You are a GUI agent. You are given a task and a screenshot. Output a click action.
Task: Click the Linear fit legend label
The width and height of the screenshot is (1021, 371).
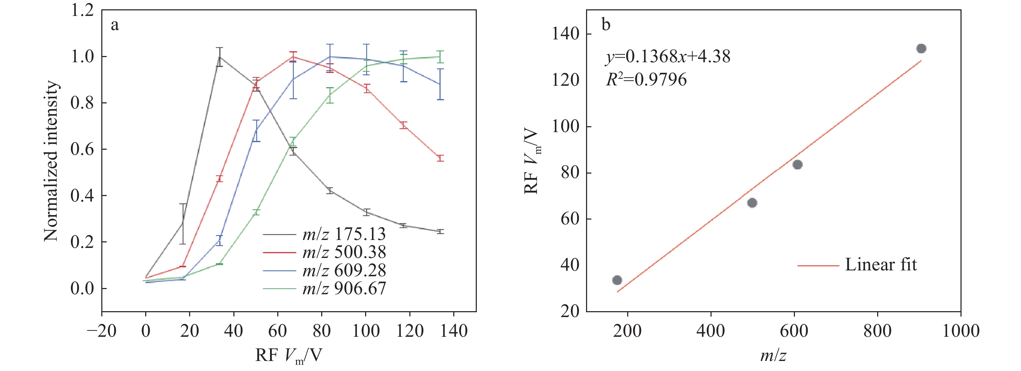[881, 265]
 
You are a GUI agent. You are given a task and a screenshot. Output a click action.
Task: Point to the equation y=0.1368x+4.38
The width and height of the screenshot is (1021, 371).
[667, 57]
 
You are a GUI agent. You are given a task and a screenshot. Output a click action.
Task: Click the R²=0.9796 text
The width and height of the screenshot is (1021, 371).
[646, 80]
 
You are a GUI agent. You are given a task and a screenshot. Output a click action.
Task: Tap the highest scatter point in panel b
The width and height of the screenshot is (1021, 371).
[921, 49]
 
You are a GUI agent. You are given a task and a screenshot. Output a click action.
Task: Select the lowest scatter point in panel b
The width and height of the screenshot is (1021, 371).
[617, 280]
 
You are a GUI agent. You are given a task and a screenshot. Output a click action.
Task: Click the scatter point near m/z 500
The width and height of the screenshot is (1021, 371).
[752, 203]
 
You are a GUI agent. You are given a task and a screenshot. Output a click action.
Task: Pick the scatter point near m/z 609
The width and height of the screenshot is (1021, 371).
[797, 165]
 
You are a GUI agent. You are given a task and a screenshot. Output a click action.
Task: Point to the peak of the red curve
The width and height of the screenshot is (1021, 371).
[293, 56]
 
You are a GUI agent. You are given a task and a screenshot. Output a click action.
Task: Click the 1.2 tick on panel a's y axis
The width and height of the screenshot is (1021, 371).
[82, 10]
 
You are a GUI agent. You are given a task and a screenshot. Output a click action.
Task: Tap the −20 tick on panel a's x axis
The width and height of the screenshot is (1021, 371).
[101, 331]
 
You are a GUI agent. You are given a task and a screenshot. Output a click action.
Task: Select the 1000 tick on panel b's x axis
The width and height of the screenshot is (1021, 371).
[960, 331]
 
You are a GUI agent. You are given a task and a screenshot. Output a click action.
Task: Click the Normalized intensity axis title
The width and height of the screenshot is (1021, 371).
[51, 161]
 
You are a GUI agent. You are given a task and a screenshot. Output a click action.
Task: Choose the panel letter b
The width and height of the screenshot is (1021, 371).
[606, 25]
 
